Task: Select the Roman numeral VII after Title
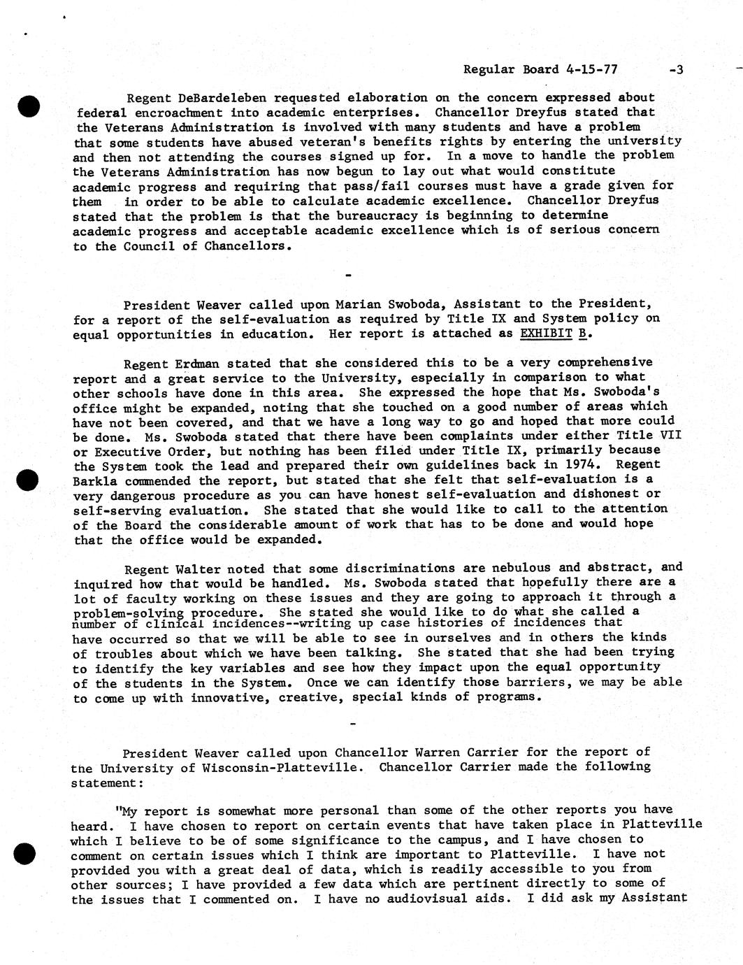670,435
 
